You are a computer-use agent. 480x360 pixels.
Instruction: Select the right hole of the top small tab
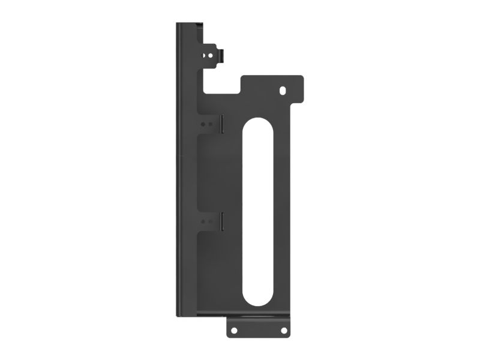pos(212,53)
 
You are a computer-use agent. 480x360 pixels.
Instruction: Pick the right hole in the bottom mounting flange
pos(282,329)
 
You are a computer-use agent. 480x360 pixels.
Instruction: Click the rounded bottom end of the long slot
pos(257,300)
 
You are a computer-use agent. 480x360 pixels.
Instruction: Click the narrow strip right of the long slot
pos(282,210)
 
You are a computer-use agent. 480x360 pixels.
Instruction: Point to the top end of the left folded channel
pos(188,26)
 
